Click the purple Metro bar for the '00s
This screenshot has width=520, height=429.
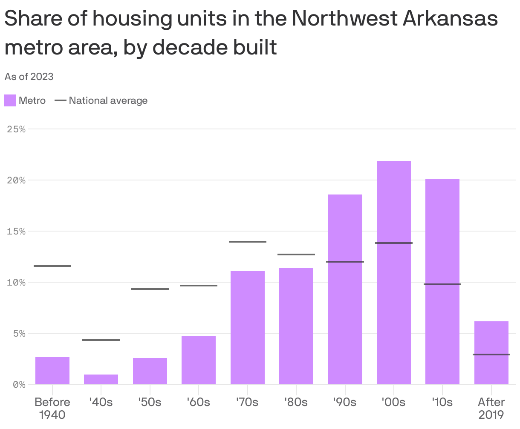[393, 272]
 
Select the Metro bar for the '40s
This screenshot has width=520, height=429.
[101, 379]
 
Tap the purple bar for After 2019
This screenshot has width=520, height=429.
[491, 353]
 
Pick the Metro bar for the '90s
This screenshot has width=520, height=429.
[345, 289]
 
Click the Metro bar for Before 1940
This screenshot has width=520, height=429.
[52, 371]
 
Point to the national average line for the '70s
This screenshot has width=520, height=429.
[247, 242]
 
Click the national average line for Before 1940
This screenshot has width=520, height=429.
[52, 266]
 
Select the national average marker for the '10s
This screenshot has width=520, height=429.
[442, 284]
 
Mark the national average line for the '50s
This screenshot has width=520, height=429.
[150, 289]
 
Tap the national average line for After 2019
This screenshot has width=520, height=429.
[491, 355]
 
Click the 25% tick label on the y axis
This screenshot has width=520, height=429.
[17, 129]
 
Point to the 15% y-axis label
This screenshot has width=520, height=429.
[17, 231]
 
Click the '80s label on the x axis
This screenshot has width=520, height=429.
[296, 402]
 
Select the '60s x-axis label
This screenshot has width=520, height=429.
[198, 402]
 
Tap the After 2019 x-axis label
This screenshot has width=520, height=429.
[491, 408]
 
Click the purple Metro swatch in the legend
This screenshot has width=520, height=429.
[10, 100]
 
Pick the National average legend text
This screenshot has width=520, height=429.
[108, 100]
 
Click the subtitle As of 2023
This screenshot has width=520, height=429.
[29, 77]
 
